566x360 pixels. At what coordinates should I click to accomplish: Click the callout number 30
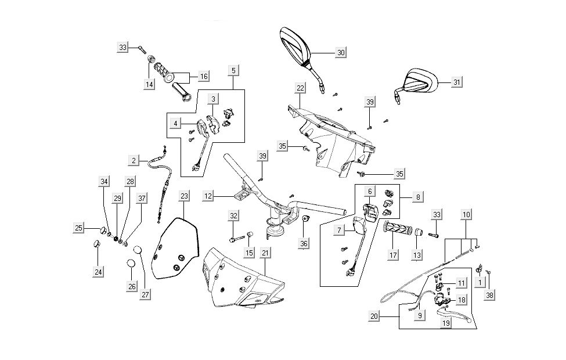click(x=341, y=53)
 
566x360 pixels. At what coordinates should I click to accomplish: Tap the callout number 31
click(x=457, y=82)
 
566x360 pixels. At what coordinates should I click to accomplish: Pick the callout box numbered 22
click(x=300, y=88)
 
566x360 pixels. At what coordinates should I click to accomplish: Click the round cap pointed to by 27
click(x=138, y=250)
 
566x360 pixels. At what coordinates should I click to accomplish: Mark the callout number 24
click(x=98, y=271)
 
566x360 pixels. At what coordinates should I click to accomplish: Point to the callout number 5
click(x=233, y=70)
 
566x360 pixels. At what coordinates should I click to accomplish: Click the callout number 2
click(x=134, y=160)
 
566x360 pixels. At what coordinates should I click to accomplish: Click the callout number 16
click(x=203, y=76)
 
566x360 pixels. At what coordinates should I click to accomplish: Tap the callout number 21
click(x=265, y=253)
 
